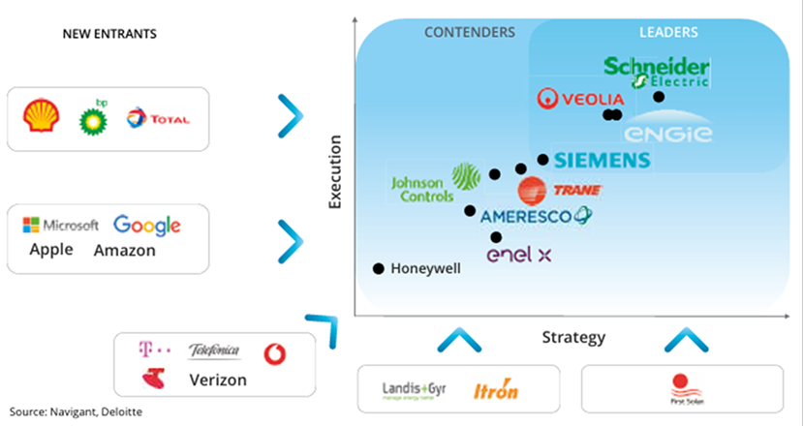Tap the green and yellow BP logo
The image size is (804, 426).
click(93, 116)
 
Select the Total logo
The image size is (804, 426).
click(157, 119)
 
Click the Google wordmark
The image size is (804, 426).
click(147, 226)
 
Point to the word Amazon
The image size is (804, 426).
click(124, 250)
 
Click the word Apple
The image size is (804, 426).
click(51, 250)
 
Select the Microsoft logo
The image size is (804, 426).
click(61, 226)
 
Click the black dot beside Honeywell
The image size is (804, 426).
click(378, 268)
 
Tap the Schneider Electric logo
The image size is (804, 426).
click(657, 71)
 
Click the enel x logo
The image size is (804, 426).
click(518, 255)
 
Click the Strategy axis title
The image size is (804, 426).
click(573, 337)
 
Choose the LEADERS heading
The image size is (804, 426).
click(668, 32)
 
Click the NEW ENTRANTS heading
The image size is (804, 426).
click(109, 34)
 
